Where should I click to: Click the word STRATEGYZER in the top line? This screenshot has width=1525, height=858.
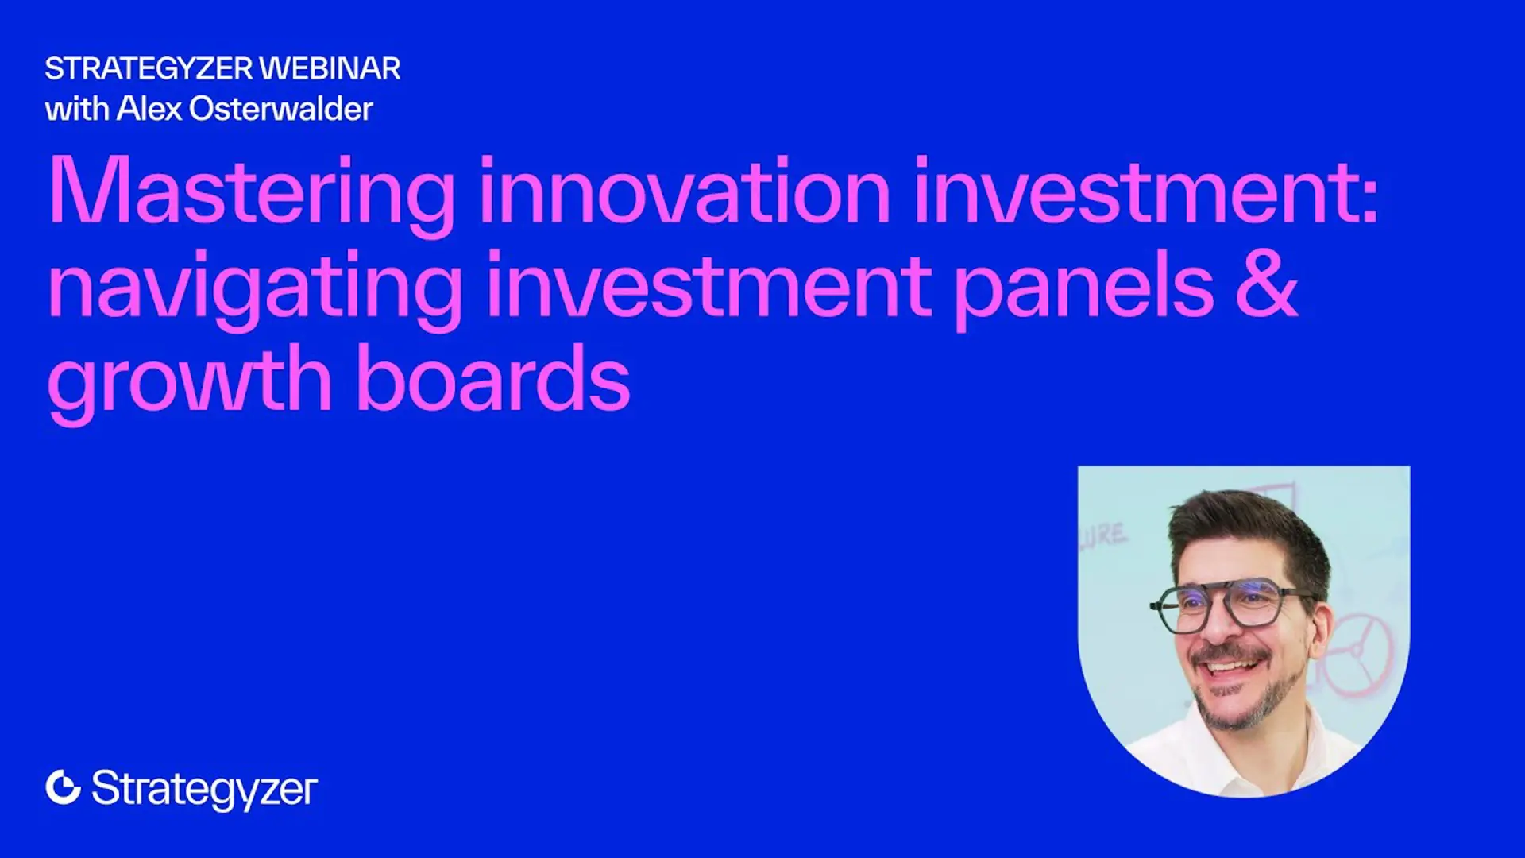[149, 68]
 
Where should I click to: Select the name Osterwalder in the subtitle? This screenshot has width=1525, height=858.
[281, 109]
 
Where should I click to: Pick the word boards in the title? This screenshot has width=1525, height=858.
[493, 377]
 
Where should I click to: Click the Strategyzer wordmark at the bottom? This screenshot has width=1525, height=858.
[204, 790]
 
